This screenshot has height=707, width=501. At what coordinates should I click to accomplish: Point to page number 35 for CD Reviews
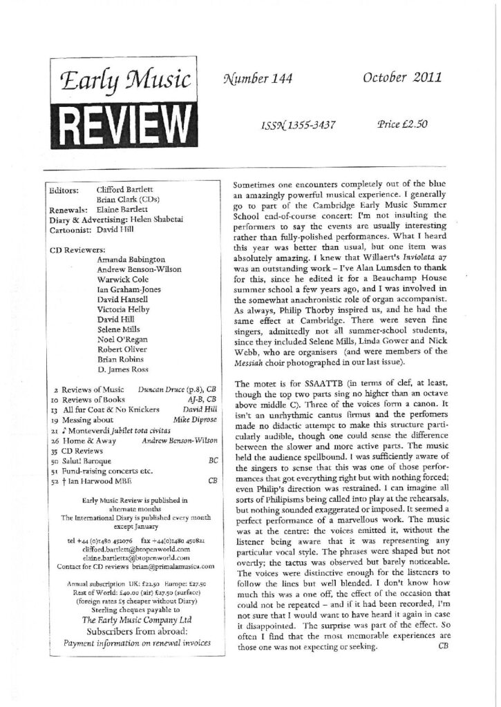[55, 449]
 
